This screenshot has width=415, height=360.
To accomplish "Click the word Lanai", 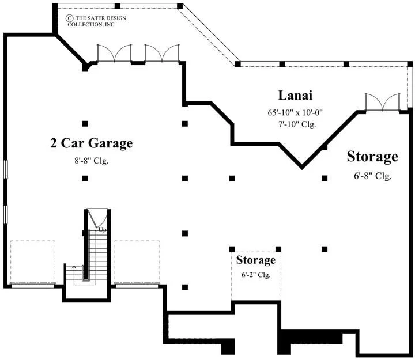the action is [x=295, y=95].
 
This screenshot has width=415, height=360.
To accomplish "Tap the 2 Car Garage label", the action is [x=91, y=143].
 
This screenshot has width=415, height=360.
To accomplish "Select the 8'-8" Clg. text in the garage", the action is [x=91, y=161].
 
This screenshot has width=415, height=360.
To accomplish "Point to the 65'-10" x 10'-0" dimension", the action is [x=295, y=113].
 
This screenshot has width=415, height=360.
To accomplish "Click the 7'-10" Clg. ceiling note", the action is [x=297, y=124].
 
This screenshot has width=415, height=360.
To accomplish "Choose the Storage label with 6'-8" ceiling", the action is [x=372, y=157].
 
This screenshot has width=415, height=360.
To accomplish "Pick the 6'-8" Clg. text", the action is [x=373, y=176].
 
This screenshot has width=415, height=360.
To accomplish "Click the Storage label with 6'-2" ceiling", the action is [x=256, y=260].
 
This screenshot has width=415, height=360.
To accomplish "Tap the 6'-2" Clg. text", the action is [x=256, y=275].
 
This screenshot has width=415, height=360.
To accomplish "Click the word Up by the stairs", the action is [x=103, y=230].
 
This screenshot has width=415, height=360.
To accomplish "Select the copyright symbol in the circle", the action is [x=69, y=18].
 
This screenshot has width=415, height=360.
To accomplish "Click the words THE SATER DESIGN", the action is [x=101, y=18].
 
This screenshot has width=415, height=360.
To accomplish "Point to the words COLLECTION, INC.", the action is [x=91, y=25].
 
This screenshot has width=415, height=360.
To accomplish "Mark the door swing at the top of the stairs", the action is [x=97, y=218].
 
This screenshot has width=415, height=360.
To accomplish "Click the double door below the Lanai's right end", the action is [x=383, y=102].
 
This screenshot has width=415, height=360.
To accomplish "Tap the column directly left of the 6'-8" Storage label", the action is [x=325, y=179].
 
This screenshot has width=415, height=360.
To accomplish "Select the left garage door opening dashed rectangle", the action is [x=33, y=262].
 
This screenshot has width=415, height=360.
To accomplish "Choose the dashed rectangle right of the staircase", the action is [x=137, y=262].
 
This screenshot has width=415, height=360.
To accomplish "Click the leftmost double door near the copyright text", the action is [x=114, y=53].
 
